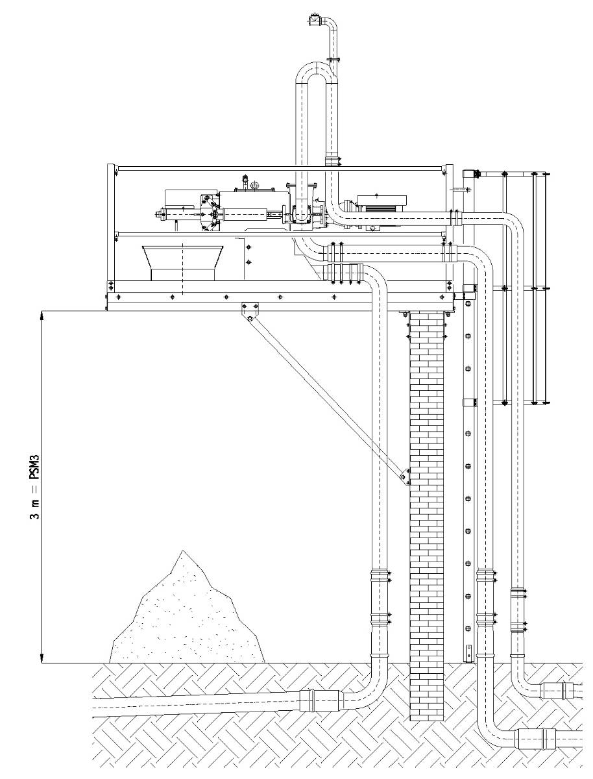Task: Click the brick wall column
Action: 427,506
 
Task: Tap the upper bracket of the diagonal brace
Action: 248,310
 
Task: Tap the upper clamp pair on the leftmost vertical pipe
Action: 380,576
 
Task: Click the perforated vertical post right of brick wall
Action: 468,480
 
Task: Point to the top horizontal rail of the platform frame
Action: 279,169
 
